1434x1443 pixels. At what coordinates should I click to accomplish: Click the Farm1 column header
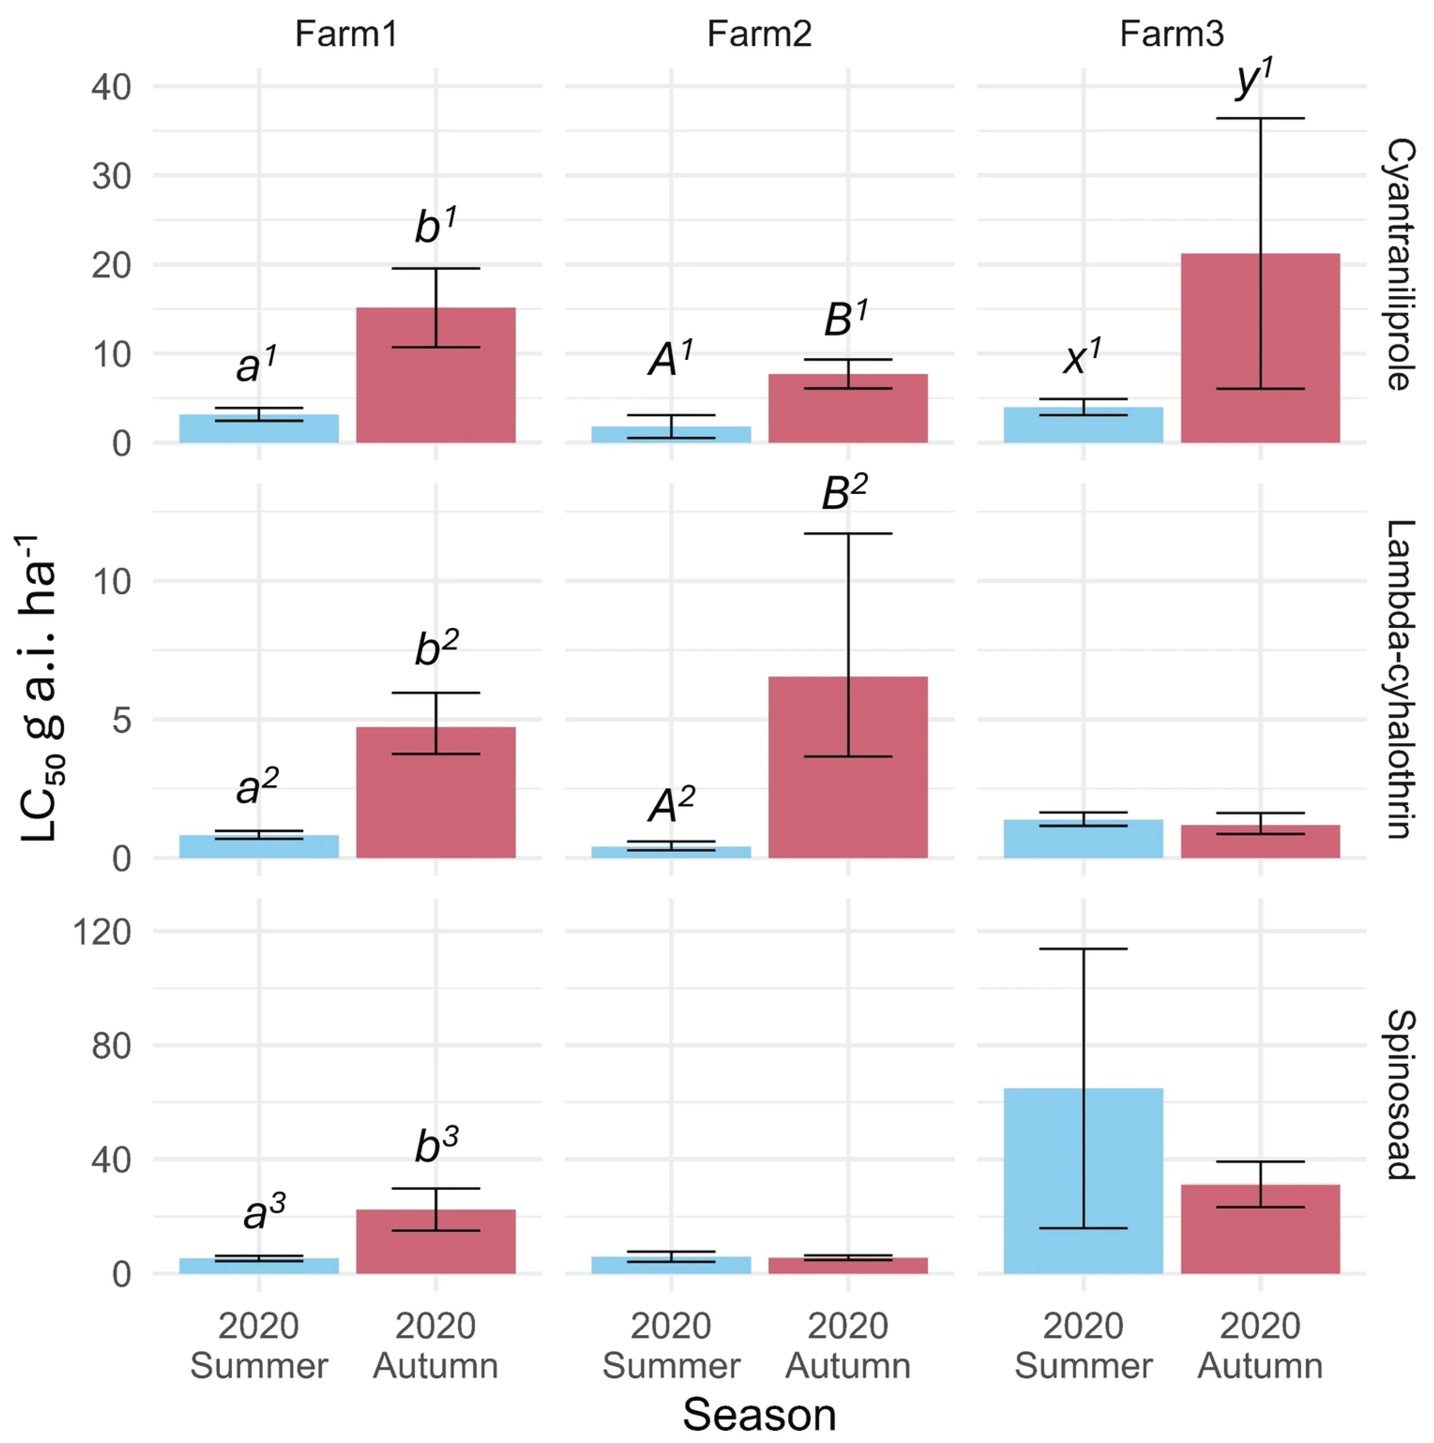(346, 34)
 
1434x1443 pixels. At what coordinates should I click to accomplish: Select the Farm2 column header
(759, 34)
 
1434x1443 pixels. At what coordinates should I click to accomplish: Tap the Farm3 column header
(1172, 34)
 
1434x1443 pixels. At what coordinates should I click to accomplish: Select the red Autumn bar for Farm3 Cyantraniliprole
(1260, 348)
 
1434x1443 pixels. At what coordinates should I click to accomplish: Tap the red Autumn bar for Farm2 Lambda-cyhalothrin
(848, 767)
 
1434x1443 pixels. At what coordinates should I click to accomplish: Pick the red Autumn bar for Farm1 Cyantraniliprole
(436, 375)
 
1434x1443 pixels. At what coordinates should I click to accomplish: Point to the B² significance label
(844, 493)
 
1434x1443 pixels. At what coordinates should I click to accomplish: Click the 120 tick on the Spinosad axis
(102, 932)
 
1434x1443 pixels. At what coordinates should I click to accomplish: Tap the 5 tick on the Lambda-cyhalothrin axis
(122, 720)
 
